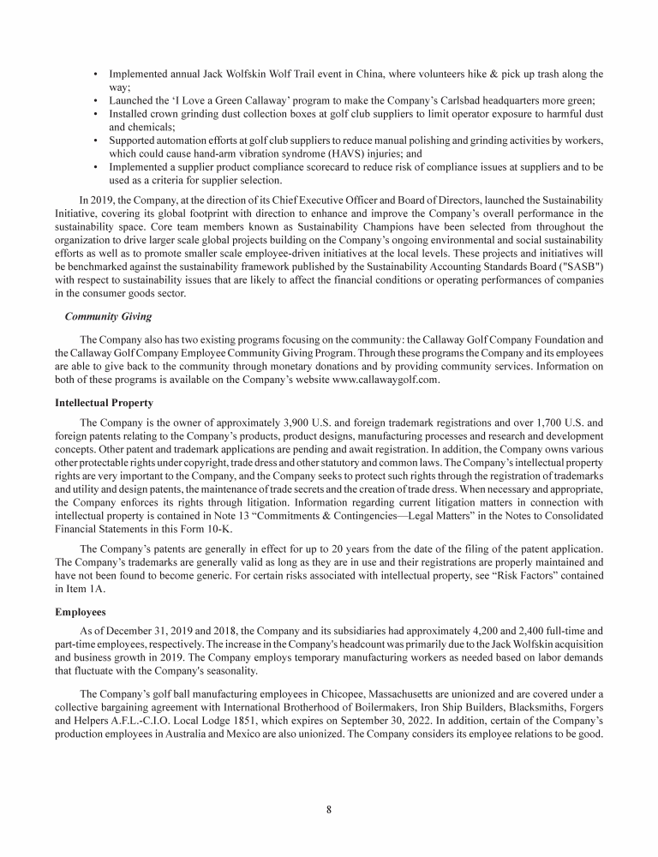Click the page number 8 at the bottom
coord(329,807)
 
